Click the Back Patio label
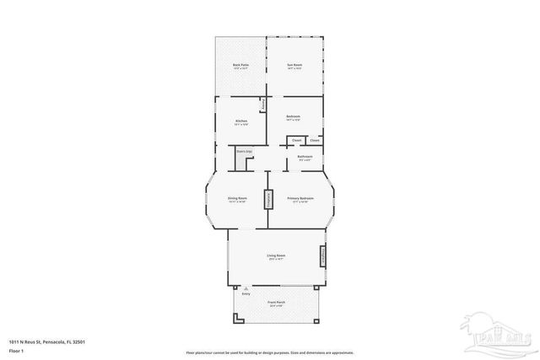coord(240,66)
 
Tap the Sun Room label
coord(294,66)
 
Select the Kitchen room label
coord(240,122)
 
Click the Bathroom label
coord(305,158)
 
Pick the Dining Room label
coord(237,199)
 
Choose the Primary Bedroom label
coord(300,199)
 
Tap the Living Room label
coord(276,256)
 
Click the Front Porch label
coord(276,303)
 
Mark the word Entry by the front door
coord(246,293)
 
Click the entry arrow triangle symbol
coord(246,287)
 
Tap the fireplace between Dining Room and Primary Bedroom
coord(269,200)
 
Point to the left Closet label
coord(297,140)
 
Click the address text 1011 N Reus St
coord(46,341)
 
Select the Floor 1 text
coord(17,349)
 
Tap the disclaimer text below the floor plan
coord(270,352)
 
